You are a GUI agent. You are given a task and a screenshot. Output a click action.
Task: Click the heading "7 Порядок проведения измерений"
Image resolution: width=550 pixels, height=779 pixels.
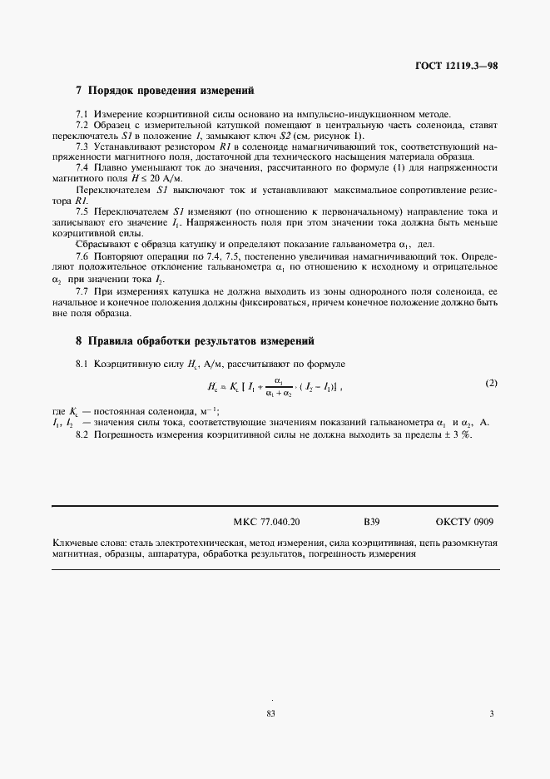click(x=164, y=90)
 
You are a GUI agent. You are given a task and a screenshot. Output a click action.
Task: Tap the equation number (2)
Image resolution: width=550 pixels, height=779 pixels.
click(x=491, y=383)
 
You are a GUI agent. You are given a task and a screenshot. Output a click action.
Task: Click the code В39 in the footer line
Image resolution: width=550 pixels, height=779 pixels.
click(x=372, y=523)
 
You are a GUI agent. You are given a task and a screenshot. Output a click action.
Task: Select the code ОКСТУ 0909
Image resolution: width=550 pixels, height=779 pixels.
click(x=464, y=523)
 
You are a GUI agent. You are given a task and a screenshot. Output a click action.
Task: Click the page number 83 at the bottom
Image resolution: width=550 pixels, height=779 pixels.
click(x=270, y=713)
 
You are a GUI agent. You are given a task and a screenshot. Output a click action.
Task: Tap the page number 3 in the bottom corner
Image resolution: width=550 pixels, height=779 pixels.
click(x=492, y=713)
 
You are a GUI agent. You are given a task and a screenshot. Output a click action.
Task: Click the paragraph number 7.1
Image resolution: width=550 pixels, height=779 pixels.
click(x=82, y=113)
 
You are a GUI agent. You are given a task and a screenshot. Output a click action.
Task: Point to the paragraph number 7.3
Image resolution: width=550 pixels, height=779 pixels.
click(x=82, y=146)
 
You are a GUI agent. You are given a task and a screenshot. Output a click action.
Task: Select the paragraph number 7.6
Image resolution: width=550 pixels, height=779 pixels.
click(x=82, y=256)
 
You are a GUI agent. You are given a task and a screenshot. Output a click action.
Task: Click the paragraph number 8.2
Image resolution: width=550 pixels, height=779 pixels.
click(x=82, y=436)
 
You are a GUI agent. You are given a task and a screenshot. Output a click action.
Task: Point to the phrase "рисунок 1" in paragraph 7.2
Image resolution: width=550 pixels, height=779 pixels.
click(x=336, y=135)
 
